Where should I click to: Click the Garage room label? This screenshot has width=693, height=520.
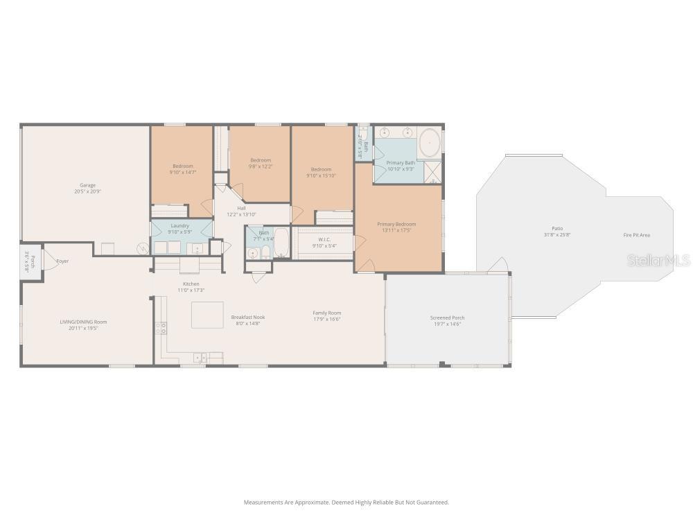click(87, 185)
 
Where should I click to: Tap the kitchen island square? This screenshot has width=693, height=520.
click(207, 314)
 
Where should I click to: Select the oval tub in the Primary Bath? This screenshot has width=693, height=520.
click(429, 143)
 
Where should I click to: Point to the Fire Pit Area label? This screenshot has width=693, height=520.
click(636, 235)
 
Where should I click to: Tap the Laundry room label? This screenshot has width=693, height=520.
click(179, 225)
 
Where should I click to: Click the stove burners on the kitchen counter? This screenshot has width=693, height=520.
click(161, 328)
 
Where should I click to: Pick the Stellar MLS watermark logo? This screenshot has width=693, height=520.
click(658, 261)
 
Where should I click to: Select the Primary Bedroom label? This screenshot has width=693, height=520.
click(396, 224)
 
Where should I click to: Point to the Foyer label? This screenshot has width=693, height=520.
click(63, 261)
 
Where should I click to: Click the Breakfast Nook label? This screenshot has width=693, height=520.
click(248, 317)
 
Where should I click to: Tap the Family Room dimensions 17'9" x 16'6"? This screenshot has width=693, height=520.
click(326, 318)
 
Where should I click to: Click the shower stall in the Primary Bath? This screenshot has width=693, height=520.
click(433, 171)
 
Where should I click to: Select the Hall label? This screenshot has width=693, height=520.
click(241, 208)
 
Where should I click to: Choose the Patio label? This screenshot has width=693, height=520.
click(557, 228)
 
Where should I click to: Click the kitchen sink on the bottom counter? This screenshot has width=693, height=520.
click(200, 358)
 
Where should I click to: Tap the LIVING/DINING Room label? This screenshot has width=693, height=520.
click(82, 322)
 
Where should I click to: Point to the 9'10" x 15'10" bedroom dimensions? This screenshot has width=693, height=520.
click(321, 175)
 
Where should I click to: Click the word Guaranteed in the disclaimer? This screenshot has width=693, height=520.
click(433, 502)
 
